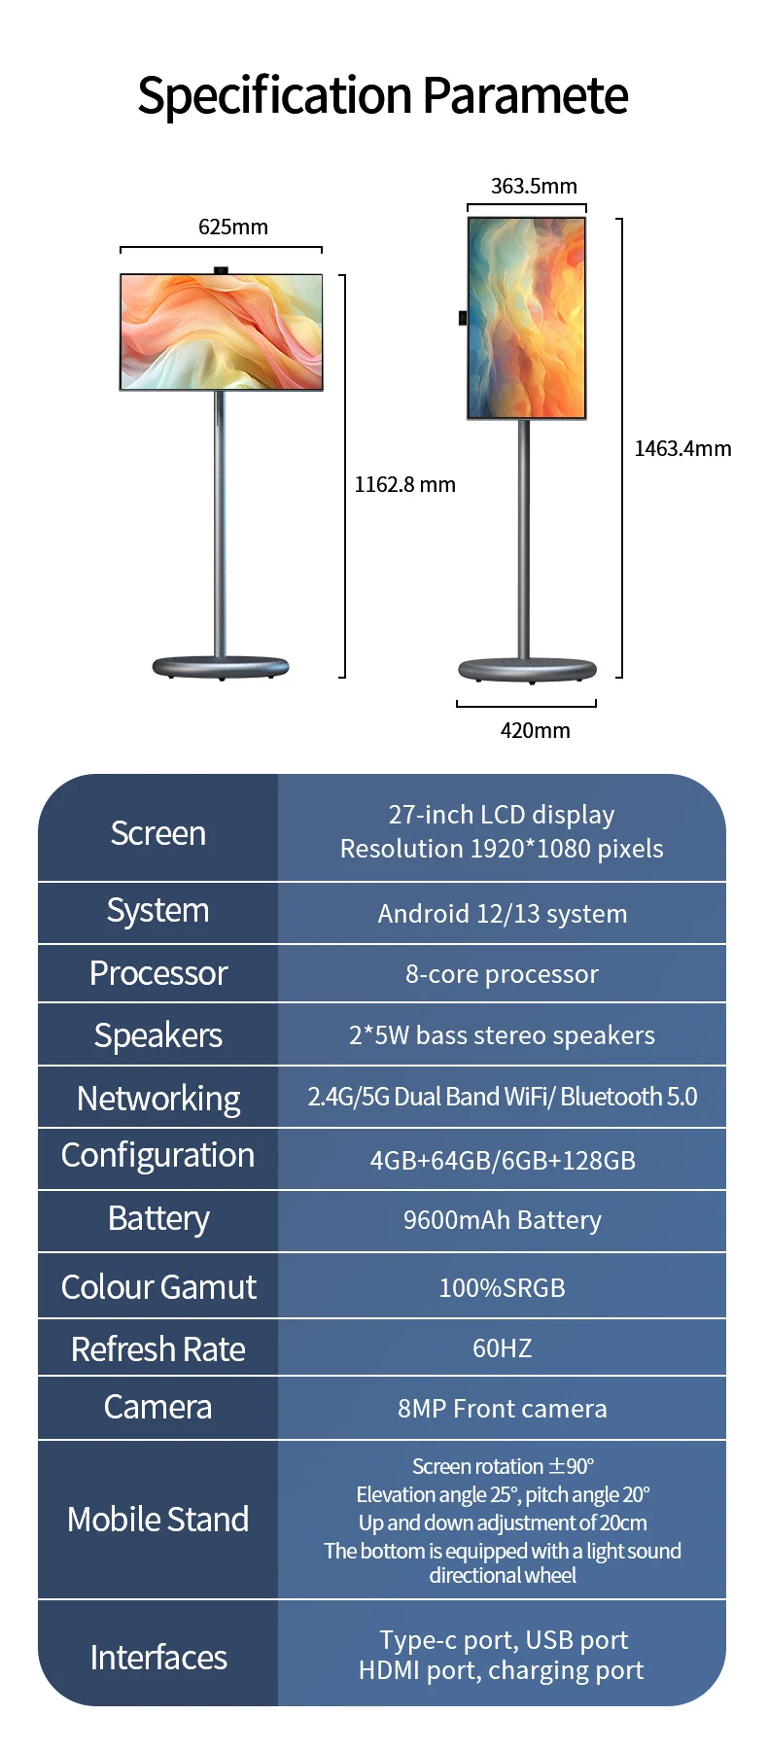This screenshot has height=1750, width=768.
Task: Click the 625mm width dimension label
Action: click(x=233, y=227)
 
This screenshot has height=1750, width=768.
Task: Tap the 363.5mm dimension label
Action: click(x=534, y=186)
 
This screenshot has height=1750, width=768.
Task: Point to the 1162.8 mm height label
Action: click(x=404, y=484)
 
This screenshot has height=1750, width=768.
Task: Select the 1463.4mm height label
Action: click(x=682, y=448)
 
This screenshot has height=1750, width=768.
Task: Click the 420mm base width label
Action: click(x=535, y=730)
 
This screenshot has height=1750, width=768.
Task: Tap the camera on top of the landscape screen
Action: click(x=222, y=269)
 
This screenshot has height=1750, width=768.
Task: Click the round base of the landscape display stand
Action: click(x=221, y=667)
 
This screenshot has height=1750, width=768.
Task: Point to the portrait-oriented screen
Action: click(x=527, y=318)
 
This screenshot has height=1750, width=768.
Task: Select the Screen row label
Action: click(x=157, y=833)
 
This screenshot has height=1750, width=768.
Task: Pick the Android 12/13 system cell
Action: click(x=502, y=914)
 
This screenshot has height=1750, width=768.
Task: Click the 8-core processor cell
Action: click(x=502, y=974)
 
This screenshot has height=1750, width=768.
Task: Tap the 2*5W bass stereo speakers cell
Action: click(x=502, y=1035)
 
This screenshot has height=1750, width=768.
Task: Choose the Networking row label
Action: click(x=157, y=1099)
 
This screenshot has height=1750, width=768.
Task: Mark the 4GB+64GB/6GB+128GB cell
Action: click(x=502, y=1160)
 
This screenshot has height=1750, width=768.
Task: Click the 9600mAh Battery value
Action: click(x=502, y=1220)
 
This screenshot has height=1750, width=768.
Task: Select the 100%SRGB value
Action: click(x=502, y=1288)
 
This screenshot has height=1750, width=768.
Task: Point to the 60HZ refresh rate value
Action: click(x=502, y=1348)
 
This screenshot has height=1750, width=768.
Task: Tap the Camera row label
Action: click(x=157, y=1407)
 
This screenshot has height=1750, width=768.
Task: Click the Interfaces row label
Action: click(x=157, y=1658)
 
